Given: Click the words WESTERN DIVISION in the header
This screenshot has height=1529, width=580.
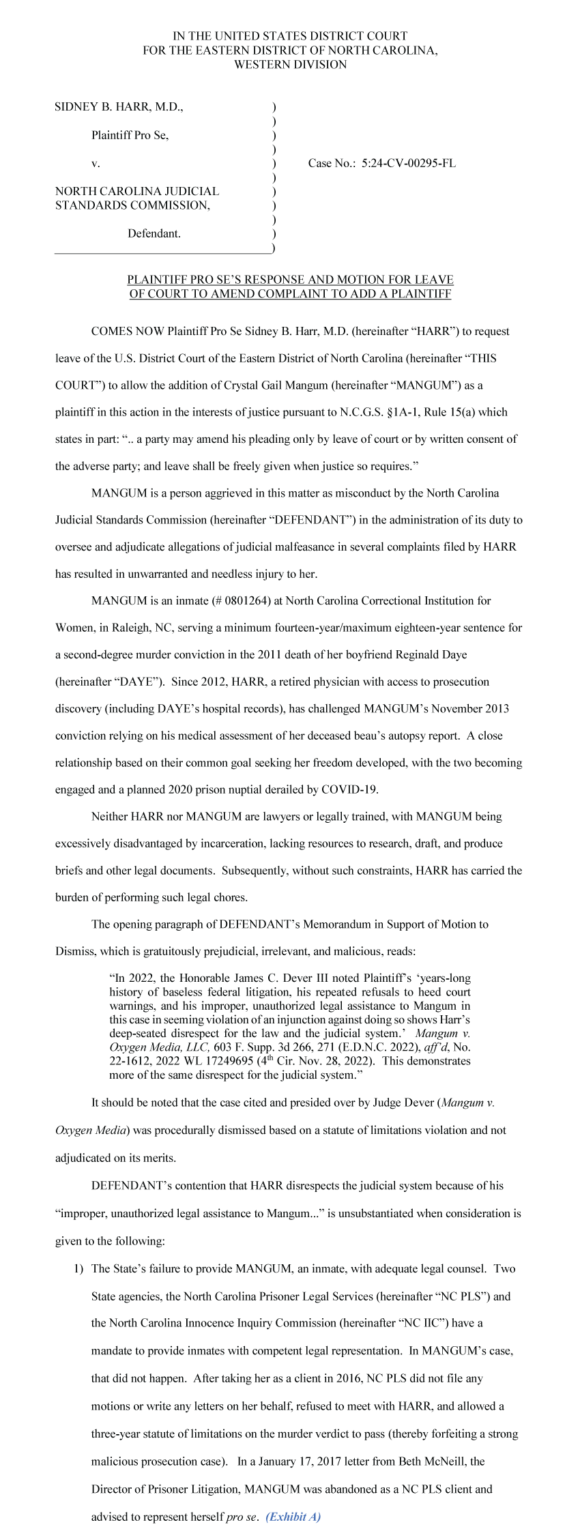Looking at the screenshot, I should point(290,65).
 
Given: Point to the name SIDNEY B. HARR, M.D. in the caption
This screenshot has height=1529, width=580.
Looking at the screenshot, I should point(119,106).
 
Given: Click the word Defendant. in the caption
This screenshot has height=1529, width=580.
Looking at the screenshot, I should point(154,233).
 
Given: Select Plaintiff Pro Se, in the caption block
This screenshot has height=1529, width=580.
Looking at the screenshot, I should point(130,135).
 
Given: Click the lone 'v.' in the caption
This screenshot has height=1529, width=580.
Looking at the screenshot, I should point(96,163).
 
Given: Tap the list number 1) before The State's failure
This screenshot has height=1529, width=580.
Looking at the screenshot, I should point(78,1268).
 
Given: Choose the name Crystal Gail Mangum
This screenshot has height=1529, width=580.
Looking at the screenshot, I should point(272,385).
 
